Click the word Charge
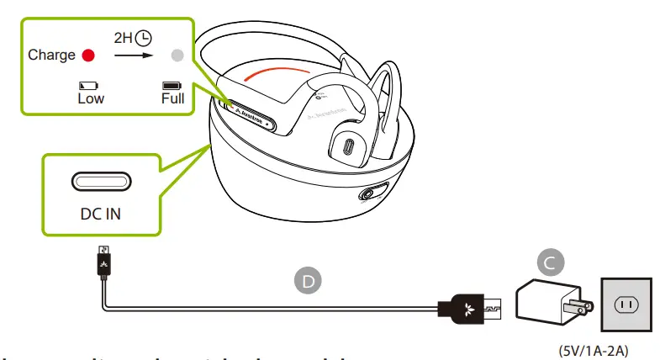tap(52, 56)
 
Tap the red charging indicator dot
tap(88, 56)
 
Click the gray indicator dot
tap(176, 56)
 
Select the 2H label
tap(124, 38)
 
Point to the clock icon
tap(145, 38)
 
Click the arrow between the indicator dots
tap(132, 56)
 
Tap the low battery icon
tap(88, 85)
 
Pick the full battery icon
tap(172, 85)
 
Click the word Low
tap(90, 98)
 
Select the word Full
tap(172, 98)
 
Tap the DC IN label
tap(100, 214)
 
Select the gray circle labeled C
tap(549, 263)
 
